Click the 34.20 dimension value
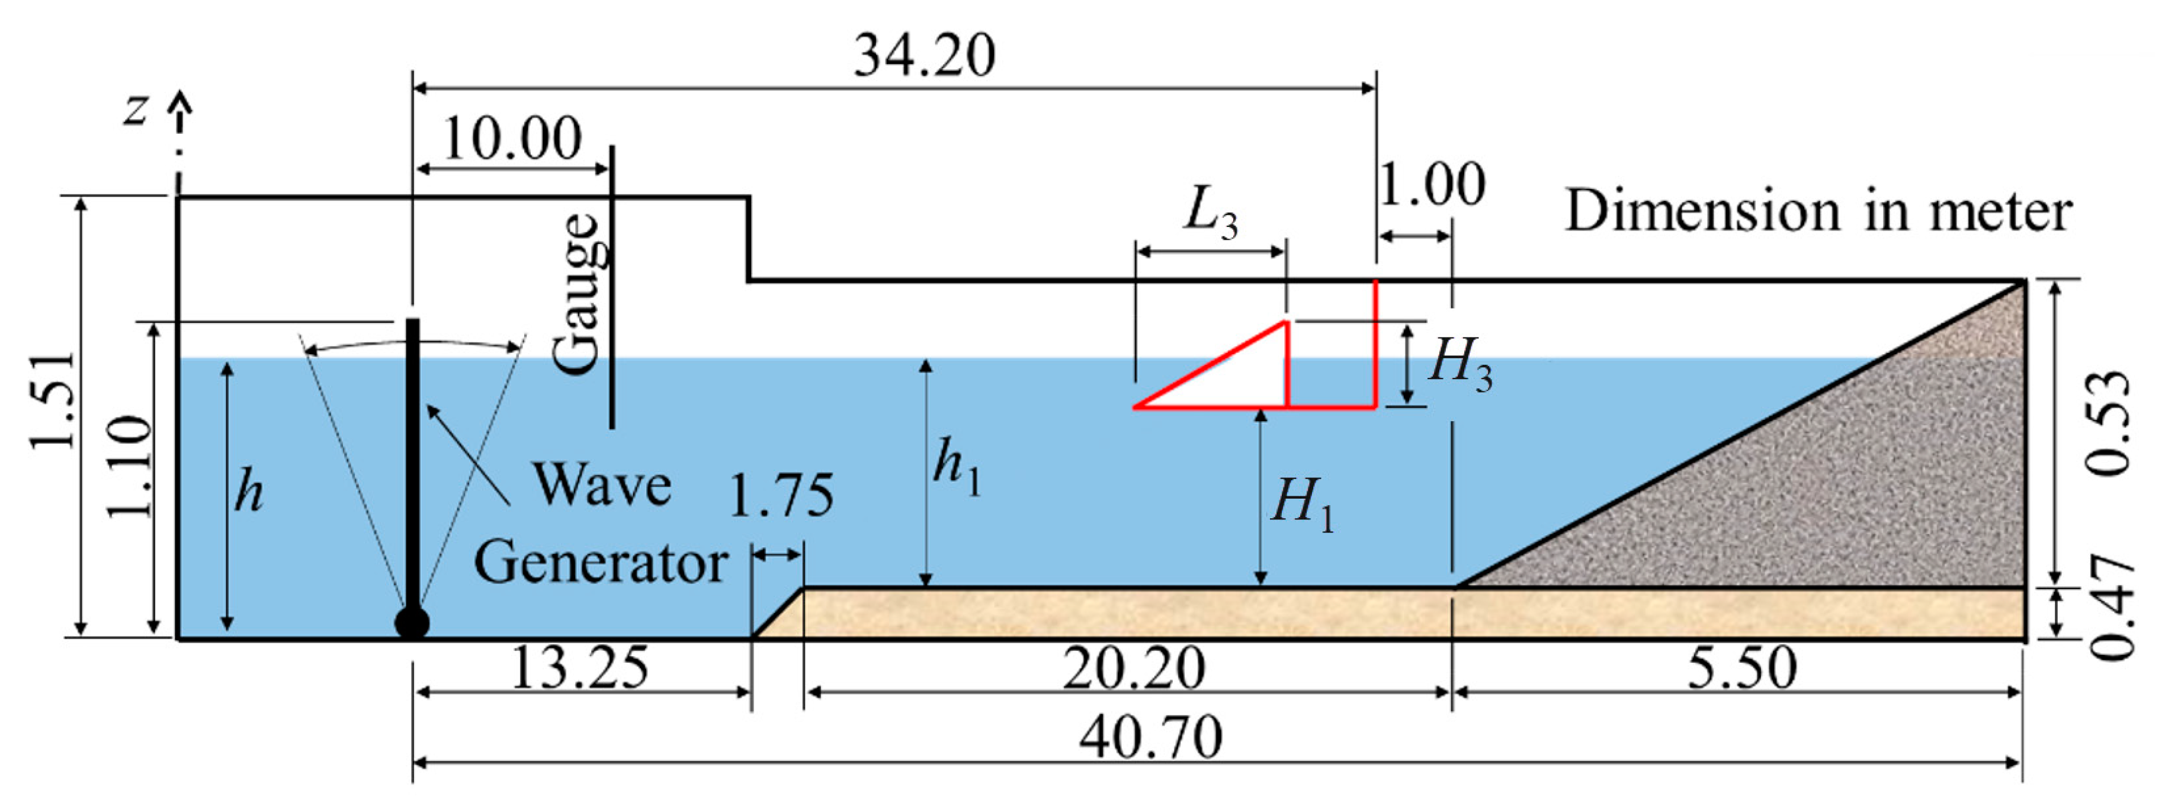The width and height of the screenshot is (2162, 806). (x=924, y=56)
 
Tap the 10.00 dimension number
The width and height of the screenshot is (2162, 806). (x=512, y=139)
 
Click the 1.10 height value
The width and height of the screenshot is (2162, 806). (x=130, y=466)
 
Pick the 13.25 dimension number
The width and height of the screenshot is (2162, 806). (x=580, y=669)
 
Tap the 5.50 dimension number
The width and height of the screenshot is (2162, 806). (x=1741, y=669)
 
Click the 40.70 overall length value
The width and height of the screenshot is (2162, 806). (x=1151, y=738)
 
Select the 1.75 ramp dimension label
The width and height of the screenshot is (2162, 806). (x=781, y=496)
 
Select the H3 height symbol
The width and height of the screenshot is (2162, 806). (x=1460, y=364)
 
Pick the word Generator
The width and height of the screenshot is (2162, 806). (x=600, y=564)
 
